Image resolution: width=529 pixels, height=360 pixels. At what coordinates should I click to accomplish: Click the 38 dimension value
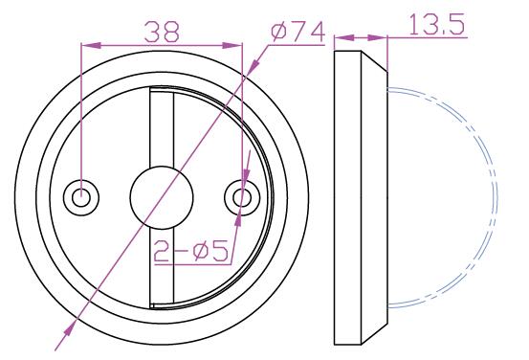pyautogui.click(x=162, y=32)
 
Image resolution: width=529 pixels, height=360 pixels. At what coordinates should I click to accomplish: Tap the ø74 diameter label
pyautogui.click(x=298, y=33)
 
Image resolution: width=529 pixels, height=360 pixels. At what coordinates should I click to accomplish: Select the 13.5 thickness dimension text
pyautogui.click(x=437, y=24)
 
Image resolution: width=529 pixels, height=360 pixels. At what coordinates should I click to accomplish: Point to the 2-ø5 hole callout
pyautogui.click(x=191, y=251)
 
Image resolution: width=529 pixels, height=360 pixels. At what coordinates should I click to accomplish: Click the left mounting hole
pyautogui.click(x=81, y=197)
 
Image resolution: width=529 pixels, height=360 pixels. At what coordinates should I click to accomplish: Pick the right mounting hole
pyautogui.click(x=242, y=197)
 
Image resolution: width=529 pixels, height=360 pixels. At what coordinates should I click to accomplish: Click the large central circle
pyautogui.click(x=162, y=197)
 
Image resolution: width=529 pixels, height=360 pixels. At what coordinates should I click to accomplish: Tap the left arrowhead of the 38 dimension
pyautogui.click(x=91, y=45)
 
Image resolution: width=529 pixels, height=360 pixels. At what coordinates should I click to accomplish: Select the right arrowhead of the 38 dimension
pyautogui.click(x=232, y=45)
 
